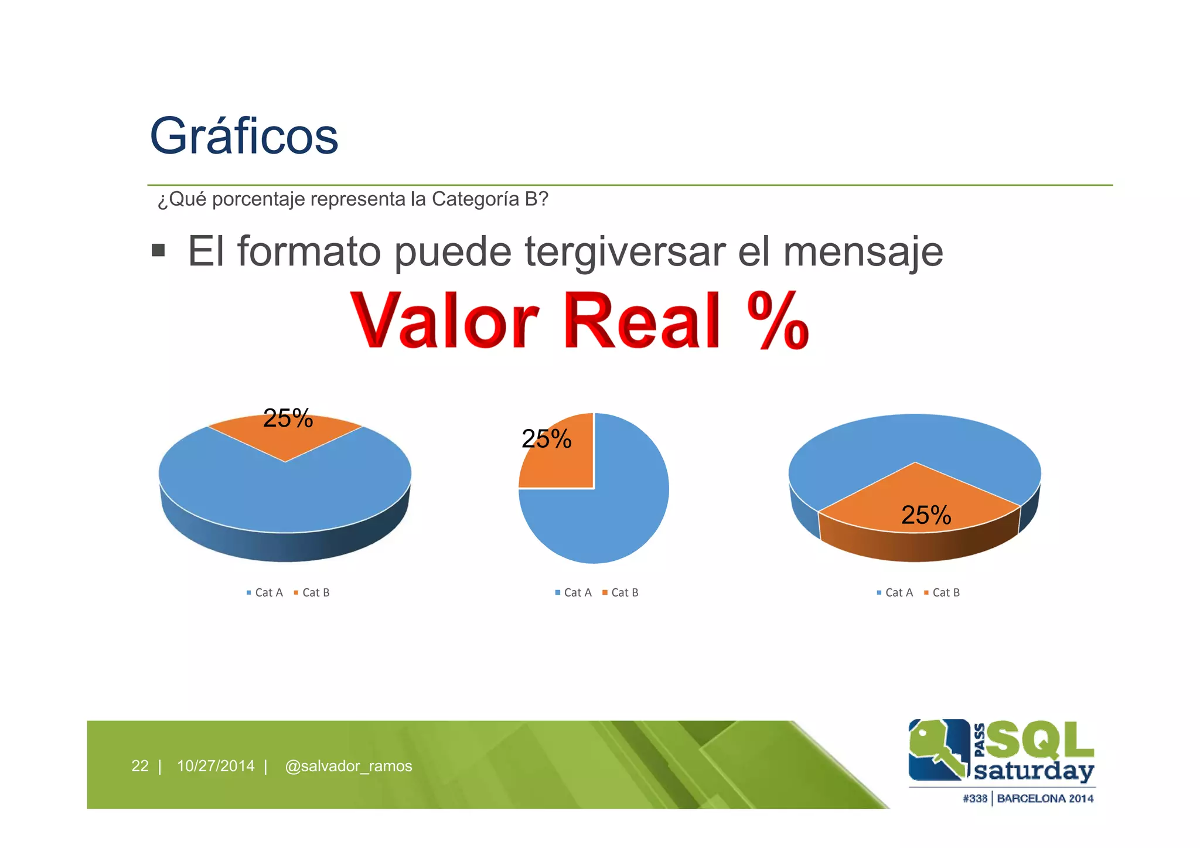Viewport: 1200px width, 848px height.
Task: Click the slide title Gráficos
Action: [x=244, y=136]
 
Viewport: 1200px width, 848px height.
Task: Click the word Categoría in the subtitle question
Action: [x=474, y=199]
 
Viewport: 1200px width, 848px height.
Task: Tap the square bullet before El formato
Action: [x=158, y=251]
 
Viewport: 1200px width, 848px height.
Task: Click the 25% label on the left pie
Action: [x=288, y=418]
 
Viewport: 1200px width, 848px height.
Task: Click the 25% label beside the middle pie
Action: [x=546, y=439]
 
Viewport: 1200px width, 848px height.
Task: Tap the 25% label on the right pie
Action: [x=926, y=515]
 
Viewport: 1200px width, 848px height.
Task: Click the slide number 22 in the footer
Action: [x=140, y=766]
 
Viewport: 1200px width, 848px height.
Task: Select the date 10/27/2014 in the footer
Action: [x=216, y=766]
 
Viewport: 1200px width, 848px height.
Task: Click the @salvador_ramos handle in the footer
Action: [x=348, y=766]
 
